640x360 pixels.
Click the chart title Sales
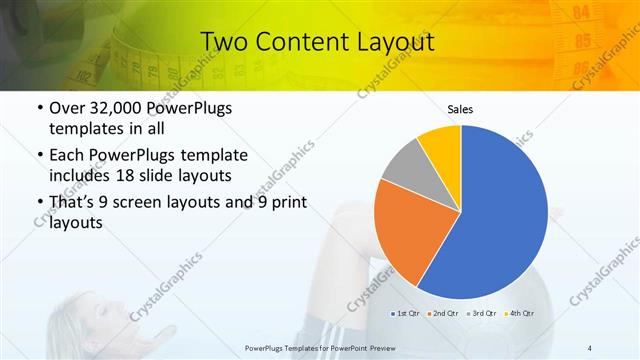coord(460,109)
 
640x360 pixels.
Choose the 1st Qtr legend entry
coord(406,313)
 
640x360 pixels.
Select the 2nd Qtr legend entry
coord(444,313)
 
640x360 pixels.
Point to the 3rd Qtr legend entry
coord(483,313)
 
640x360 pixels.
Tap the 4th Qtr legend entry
coord(521,313)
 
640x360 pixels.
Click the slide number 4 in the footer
coord(589,347)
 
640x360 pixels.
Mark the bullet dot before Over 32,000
coord(38,109)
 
